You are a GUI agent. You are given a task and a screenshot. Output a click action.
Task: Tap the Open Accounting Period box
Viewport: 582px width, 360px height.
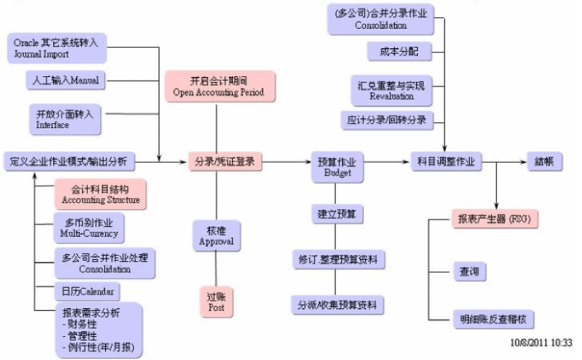(218, 86)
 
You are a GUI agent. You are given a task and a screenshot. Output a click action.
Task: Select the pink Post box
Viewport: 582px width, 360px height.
(216, 301)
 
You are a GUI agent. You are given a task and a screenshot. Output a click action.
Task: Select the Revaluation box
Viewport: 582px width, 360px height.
(392, 90)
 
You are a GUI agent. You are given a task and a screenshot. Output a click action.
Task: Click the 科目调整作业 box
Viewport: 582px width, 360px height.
(446, 161)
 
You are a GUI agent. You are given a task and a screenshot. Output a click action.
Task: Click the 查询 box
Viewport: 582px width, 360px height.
(469, 271)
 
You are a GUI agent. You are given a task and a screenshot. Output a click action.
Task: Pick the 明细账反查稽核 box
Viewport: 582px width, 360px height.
(497, 318)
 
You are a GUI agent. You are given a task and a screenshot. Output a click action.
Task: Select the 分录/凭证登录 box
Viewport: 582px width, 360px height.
(225, 161)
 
